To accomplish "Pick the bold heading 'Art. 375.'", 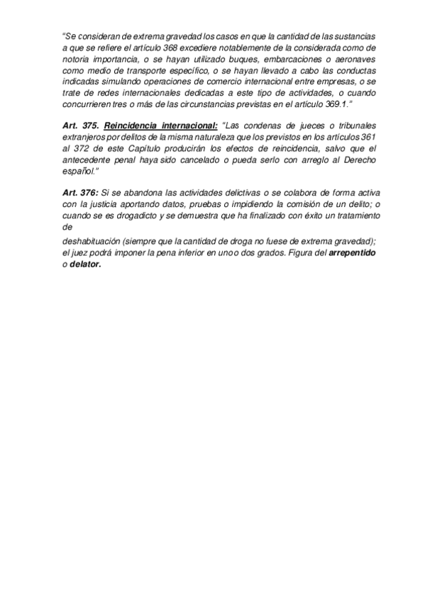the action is point(79,125).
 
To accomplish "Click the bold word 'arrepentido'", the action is point(353,252).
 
